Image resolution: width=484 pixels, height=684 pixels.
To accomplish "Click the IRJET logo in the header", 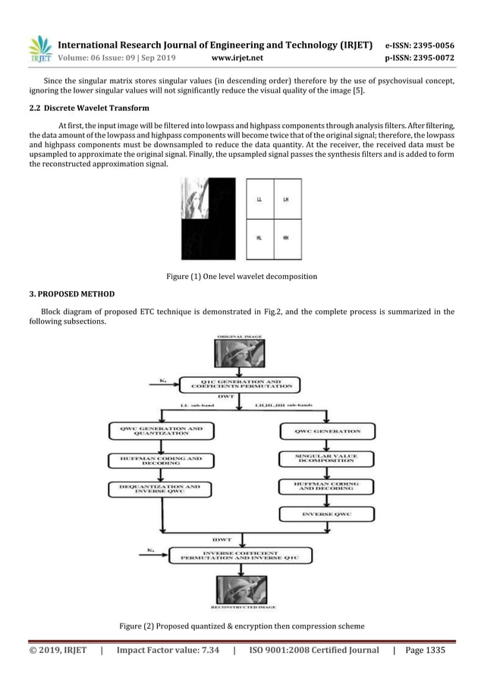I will coord(39,50).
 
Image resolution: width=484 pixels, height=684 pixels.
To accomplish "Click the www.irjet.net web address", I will coord(238,56).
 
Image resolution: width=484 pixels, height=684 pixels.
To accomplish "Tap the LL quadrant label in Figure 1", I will coord(259,199).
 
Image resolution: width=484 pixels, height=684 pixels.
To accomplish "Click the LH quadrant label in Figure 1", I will coord(286,199).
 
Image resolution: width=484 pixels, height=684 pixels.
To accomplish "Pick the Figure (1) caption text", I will coord(241,277).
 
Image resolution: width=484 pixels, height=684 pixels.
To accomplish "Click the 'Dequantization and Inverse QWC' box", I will coord(161,489).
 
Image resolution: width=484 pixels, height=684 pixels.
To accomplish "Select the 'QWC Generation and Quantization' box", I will coord(161,431).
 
